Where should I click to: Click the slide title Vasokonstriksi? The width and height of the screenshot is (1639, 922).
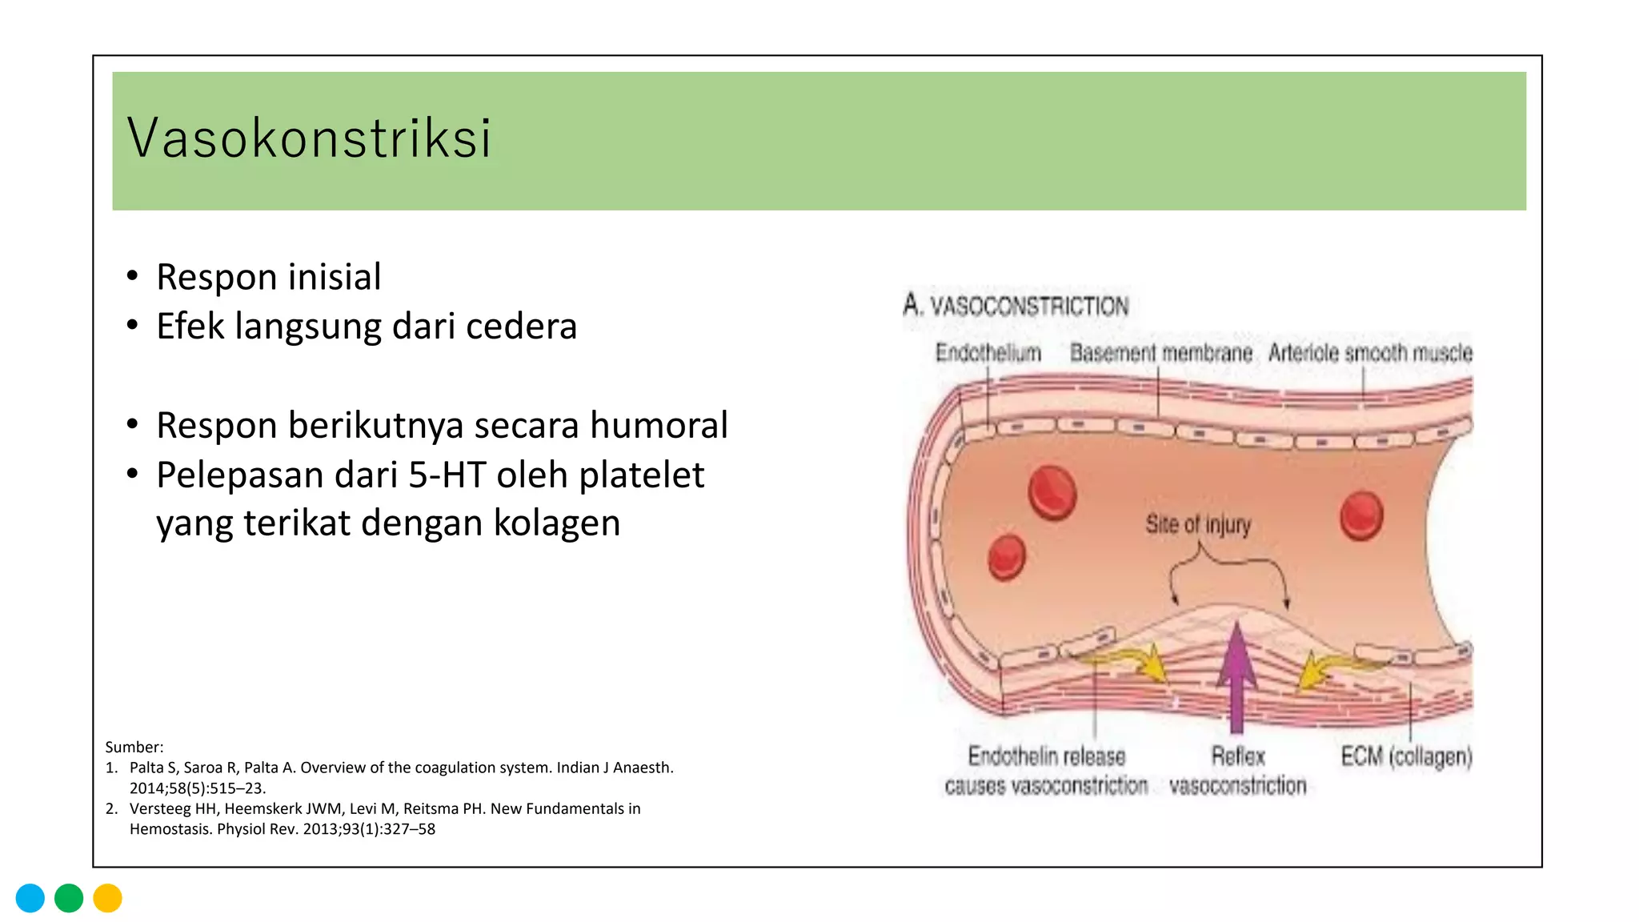tap(309, 138)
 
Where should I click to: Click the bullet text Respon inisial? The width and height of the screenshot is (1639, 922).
tap(268, 277)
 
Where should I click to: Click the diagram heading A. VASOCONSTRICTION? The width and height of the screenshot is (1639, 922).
tap(1016, 306)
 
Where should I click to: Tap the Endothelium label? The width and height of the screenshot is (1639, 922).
tap(988, 353)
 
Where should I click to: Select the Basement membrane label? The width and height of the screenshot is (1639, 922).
tap(1160, 353)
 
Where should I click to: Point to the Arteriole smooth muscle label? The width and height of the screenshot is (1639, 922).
tap(1370, 353)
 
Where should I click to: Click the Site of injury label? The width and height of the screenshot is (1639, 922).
tap(1197, 525)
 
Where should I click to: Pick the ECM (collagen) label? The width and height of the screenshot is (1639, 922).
tap(1406, 756)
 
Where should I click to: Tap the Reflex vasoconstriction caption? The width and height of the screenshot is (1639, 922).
tap(1237, 771)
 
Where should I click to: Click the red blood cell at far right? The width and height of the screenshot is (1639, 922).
tap(1361, 515)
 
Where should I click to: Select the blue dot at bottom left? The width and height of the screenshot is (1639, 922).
tap(30, 898)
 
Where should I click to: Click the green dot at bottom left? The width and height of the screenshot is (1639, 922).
tap(69, 898)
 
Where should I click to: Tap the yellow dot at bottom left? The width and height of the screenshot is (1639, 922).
tap(107, 898)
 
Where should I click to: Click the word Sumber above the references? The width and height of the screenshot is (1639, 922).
tap(134, 748)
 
